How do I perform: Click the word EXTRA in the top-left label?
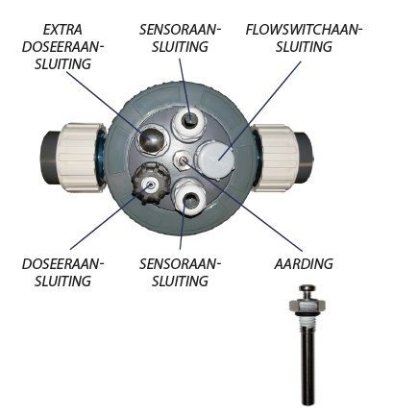point(62,30)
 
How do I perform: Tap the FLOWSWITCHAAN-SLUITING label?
point(304,38)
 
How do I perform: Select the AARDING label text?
point(304,264)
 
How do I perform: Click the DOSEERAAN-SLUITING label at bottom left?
point(63,273)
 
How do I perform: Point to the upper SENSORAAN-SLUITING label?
point(180,38)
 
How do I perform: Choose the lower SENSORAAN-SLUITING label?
point(180,273)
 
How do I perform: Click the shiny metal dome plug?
point(150,139)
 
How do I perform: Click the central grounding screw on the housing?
point(183,159)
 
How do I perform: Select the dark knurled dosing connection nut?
point(151,184)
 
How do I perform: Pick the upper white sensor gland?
point(190,124)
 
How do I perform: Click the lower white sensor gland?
point(190,198)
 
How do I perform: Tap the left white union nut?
point(82,158)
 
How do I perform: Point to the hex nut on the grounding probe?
point(307,306)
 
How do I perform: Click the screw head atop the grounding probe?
point(307,289)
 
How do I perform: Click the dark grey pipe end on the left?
point(51,158)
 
